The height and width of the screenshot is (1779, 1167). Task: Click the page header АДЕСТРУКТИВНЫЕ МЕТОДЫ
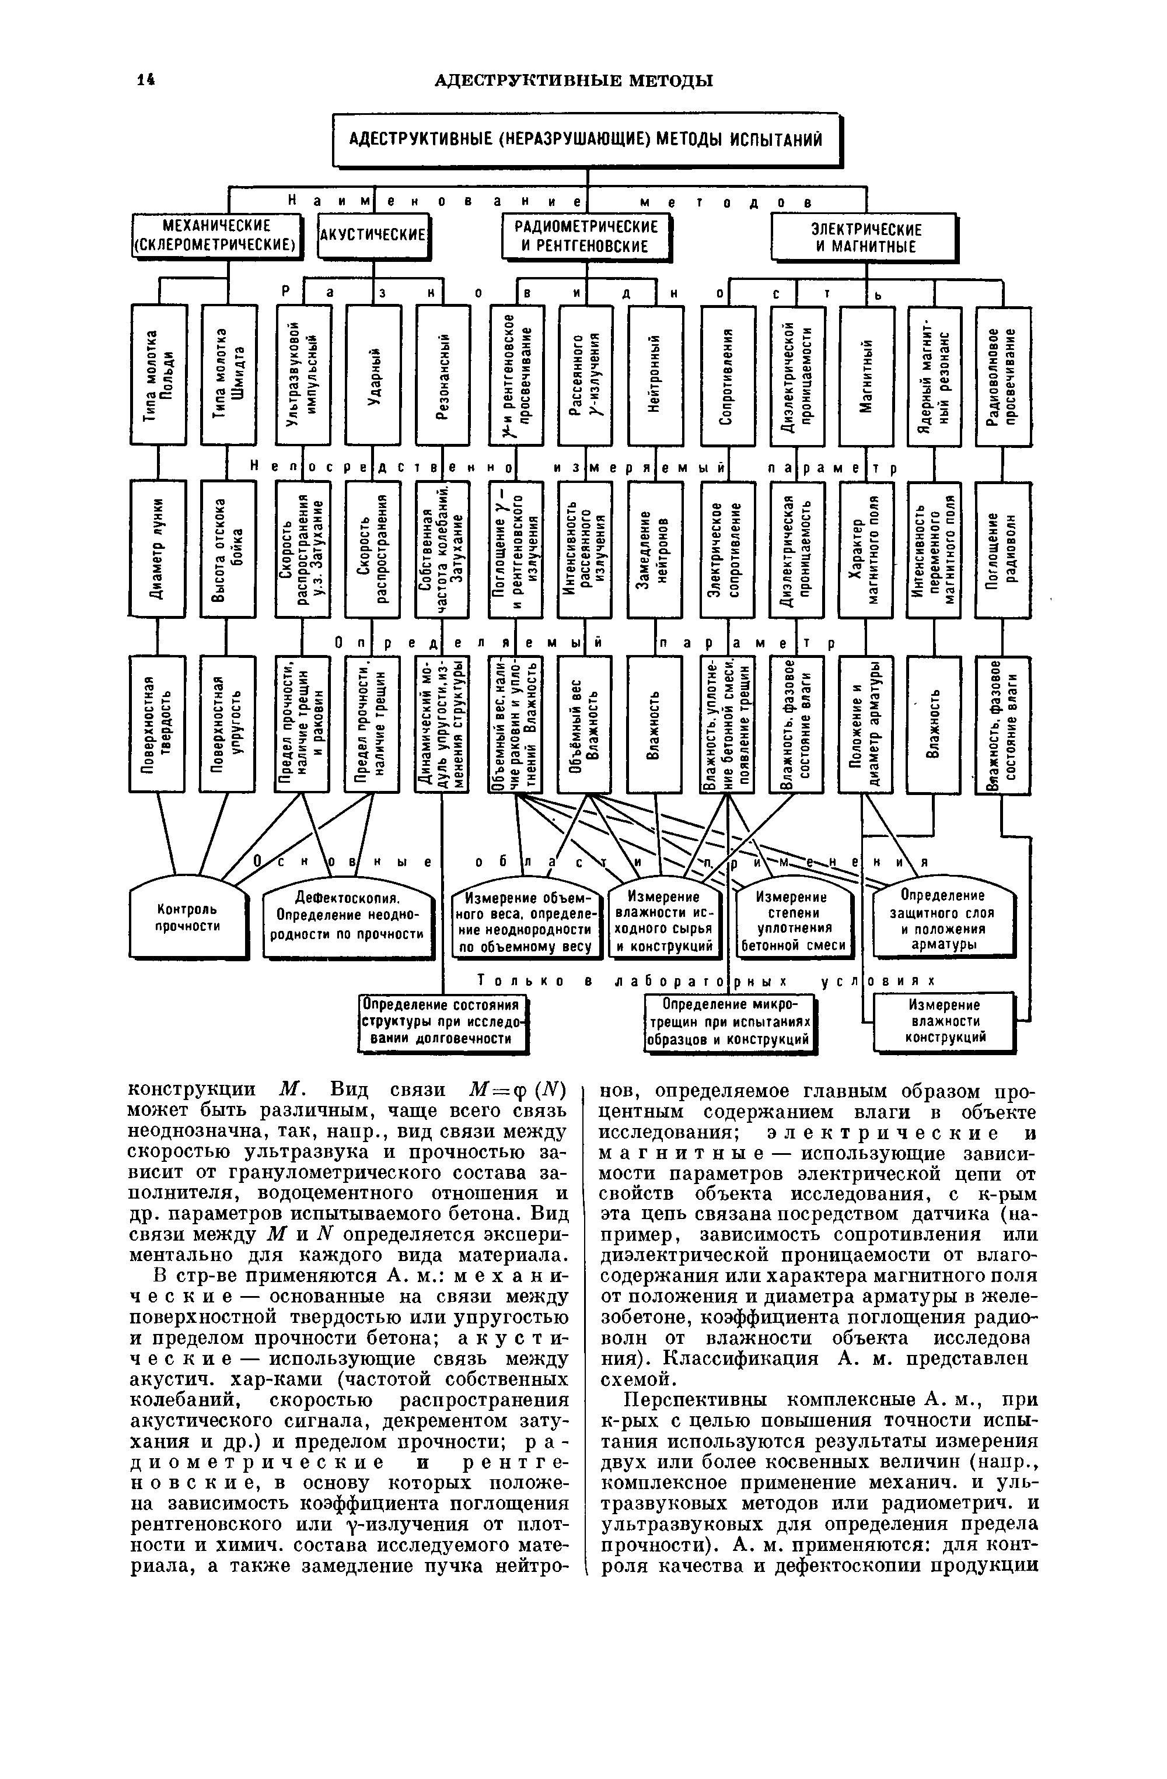pos(574,80)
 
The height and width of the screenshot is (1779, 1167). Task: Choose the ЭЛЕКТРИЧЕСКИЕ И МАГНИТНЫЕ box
pos(865,238)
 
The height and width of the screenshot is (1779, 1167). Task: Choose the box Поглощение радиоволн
pos(1002,549)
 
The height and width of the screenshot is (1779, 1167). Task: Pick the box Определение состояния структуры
pos(441,1022)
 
